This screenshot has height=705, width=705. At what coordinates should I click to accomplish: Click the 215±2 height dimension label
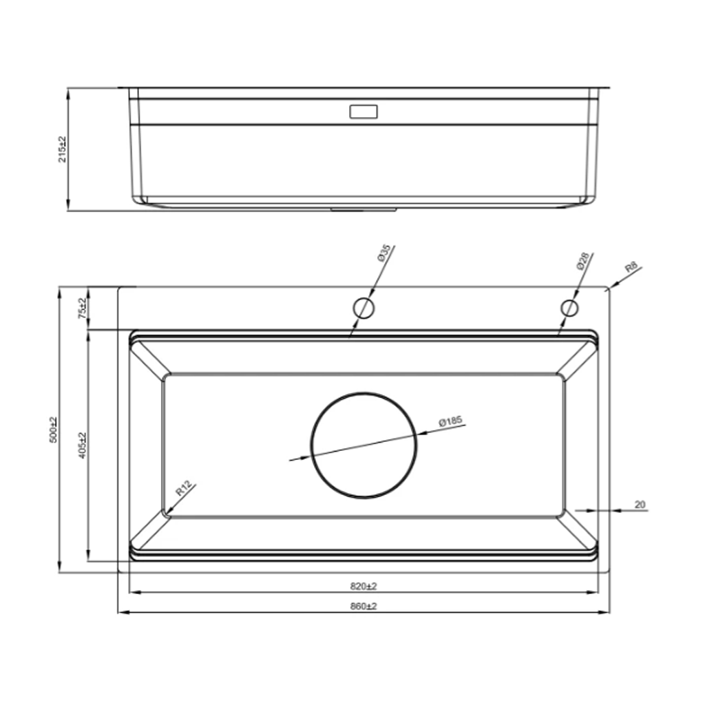[x=62, y=149]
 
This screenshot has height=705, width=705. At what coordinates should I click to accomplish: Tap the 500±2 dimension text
[x=54, y=430]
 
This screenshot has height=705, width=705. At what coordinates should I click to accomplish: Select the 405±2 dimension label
[x=82, y=445]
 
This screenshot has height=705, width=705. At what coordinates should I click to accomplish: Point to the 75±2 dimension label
[x=82, y=308]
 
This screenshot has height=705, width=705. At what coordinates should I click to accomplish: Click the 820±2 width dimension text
[x=364, y=587]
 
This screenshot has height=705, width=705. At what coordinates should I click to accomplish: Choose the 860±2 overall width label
[x=364, y=606]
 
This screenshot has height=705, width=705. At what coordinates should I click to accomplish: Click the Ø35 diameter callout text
[x=384, y=253]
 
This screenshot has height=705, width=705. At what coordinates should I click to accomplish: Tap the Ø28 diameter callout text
[x=582, y=261]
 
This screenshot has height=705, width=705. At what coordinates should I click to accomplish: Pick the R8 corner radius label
[x=631, y=268]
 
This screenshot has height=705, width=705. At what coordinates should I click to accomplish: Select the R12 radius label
[x=184, y=488]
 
